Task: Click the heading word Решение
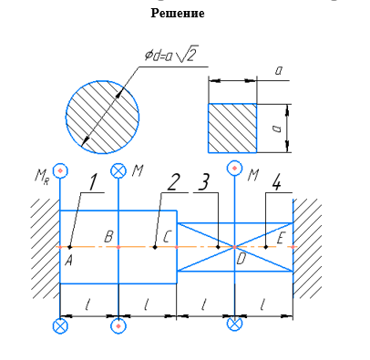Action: pyautogui.click(x=178, y=13)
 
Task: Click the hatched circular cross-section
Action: pyautogui.click(x=103, y=117)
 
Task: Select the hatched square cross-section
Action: pyautogui.click(x=232, y=129)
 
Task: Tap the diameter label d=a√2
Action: pyautogui.click(x=171, y=55)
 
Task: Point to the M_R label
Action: pyautogui.click(x=42, y=177)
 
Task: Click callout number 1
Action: pyautogui.click(x=93, y=183)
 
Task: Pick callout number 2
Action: pyautogui.click(x=171, y=183)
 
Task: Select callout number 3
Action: pyautogui.click(x=204, y=183)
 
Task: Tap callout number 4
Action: pyautogui.click(x=276, y=183)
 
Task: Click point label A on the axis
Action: pyautogui.click(x=68, y=260)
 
